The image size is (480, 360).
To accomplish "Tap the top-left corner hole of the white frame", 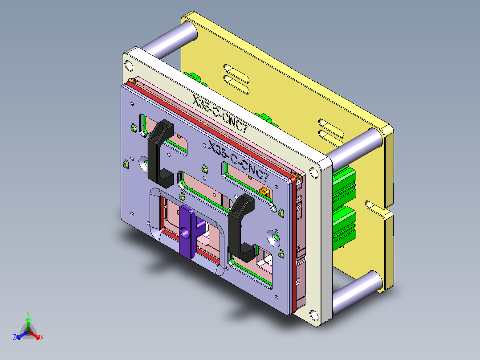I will (129, 66).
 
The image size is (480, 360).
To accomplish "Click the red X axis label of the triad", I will (42, 337).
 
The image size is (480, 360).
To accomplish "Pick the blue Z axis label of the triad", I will (15, 337).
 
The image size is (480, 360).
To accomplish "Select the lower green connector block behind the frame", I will (344, 223).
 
